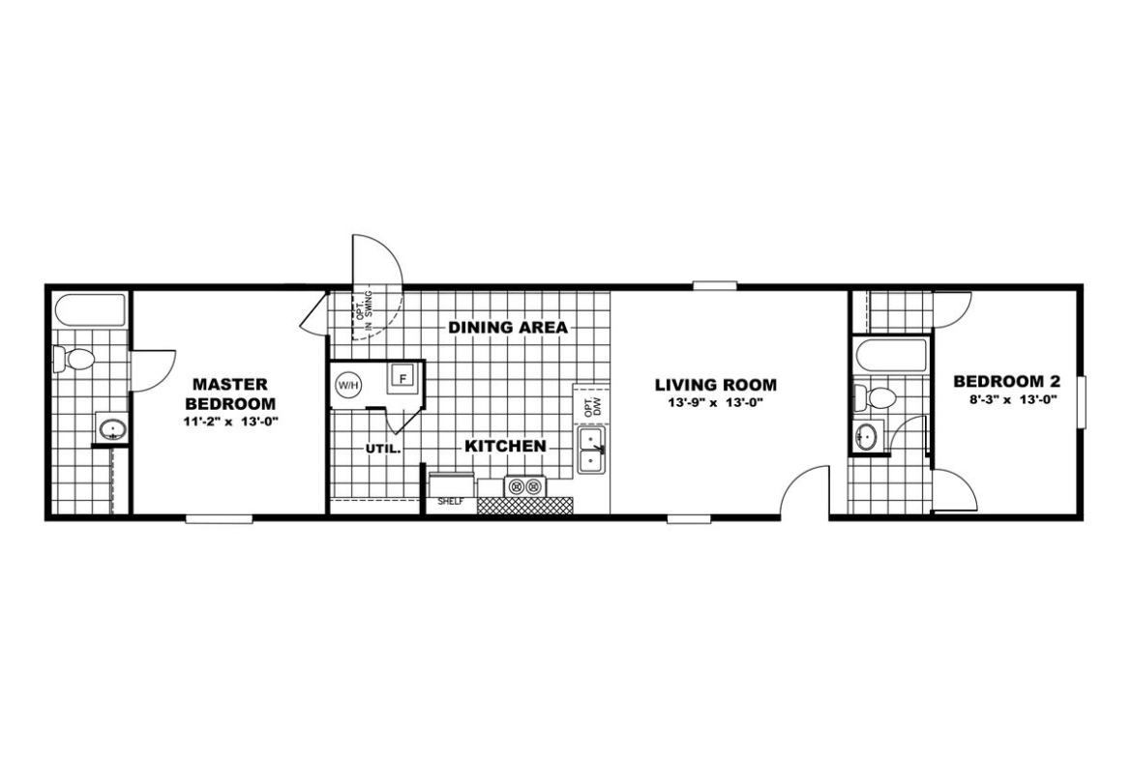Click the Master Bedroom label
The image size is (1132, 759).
point(230,394)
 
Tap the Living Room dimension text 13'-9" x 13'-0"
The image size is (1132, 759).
point(716,404)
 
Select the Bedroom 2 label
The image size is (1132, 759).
point(1007,381)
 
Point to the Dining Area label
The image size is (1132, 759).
point(508,328)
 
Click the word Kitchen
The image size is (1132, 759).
point(505,447)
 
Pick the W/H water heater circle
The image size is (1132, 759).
point(346,385)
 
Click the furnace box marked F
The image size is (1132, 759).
point(402,378)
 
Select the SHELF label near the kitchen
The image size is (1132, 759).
point(451,502)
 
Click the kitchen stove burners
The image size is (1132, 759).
point(525,486)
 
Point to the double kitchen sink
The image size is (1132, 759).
point(592,451)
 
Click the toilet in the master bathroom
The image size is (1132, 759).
point(74,358)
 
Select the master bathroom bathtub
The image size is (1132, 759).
point(91,309)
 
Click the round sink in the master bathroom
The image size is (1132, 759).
point(112,430)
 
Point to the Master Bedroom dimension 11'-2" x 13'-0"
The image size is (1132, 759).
point(230,423)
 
